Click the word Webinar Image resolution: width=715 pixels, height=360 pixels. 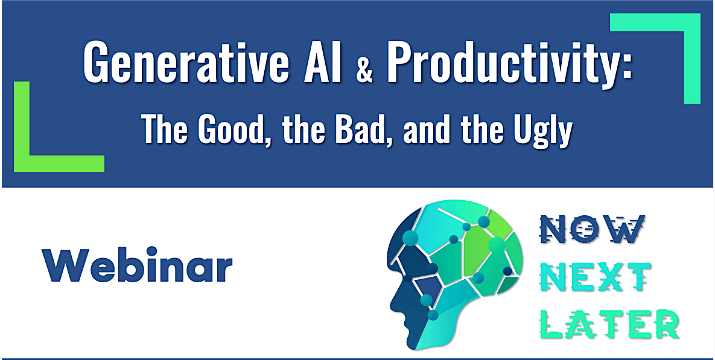point(137,264)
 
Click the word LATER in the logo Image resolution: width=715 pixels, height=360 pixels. point(609,324)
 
